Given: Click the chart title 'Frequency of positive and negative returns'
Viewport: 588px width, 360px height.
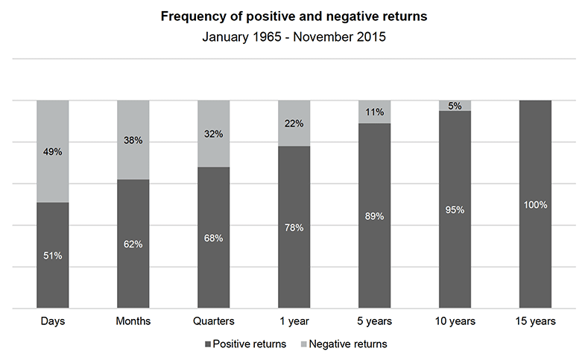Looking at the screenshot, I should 294,17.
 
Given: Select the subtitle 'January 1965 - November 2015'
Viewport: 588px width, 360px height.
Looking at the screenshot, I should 294,36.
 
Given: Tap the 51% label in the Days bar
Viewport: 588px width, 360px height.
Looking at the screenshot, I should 53,256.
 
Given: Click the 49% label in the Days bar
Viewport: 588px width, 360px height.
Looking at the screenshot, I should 53,152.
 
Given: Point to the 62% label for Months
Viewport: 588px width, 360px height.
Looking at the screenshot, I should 133,244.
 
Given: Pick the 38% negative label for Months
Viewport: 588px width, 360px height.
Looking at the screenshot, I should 133,140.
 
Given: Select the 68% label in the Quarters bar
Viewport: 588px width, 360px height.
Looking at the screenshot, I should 214,238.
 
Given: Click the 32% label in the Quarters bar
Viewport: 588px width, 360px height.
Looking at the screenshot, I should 214,134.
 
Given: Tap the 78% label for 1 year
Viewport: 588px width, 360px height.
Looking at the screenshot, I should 294,227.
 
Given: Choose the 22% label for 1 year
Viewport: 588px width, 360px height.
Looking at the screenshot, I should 294,124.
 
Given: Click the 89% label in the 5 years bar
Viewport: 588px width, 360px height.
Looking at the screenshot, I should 374,216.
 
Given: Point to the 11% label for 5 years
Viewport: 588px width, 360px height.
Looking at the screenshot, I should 374,113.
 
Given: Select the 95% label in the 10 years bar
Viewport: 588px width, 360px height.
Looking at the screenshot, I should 455,209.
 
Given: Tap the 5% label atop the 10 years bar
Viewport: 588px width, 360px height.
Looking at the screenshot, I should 455,106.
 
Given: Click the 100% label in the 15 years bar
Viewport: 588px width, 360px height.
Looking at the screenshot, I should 535,204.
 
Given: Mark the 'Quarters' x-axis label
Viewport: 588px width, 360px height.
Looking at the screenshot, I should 214,321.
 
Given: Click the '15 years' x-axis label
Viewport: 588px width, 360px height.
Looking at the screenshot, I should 535,321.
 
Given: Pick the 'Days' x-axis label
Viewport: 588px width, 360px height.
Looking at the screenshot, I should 53,321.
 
